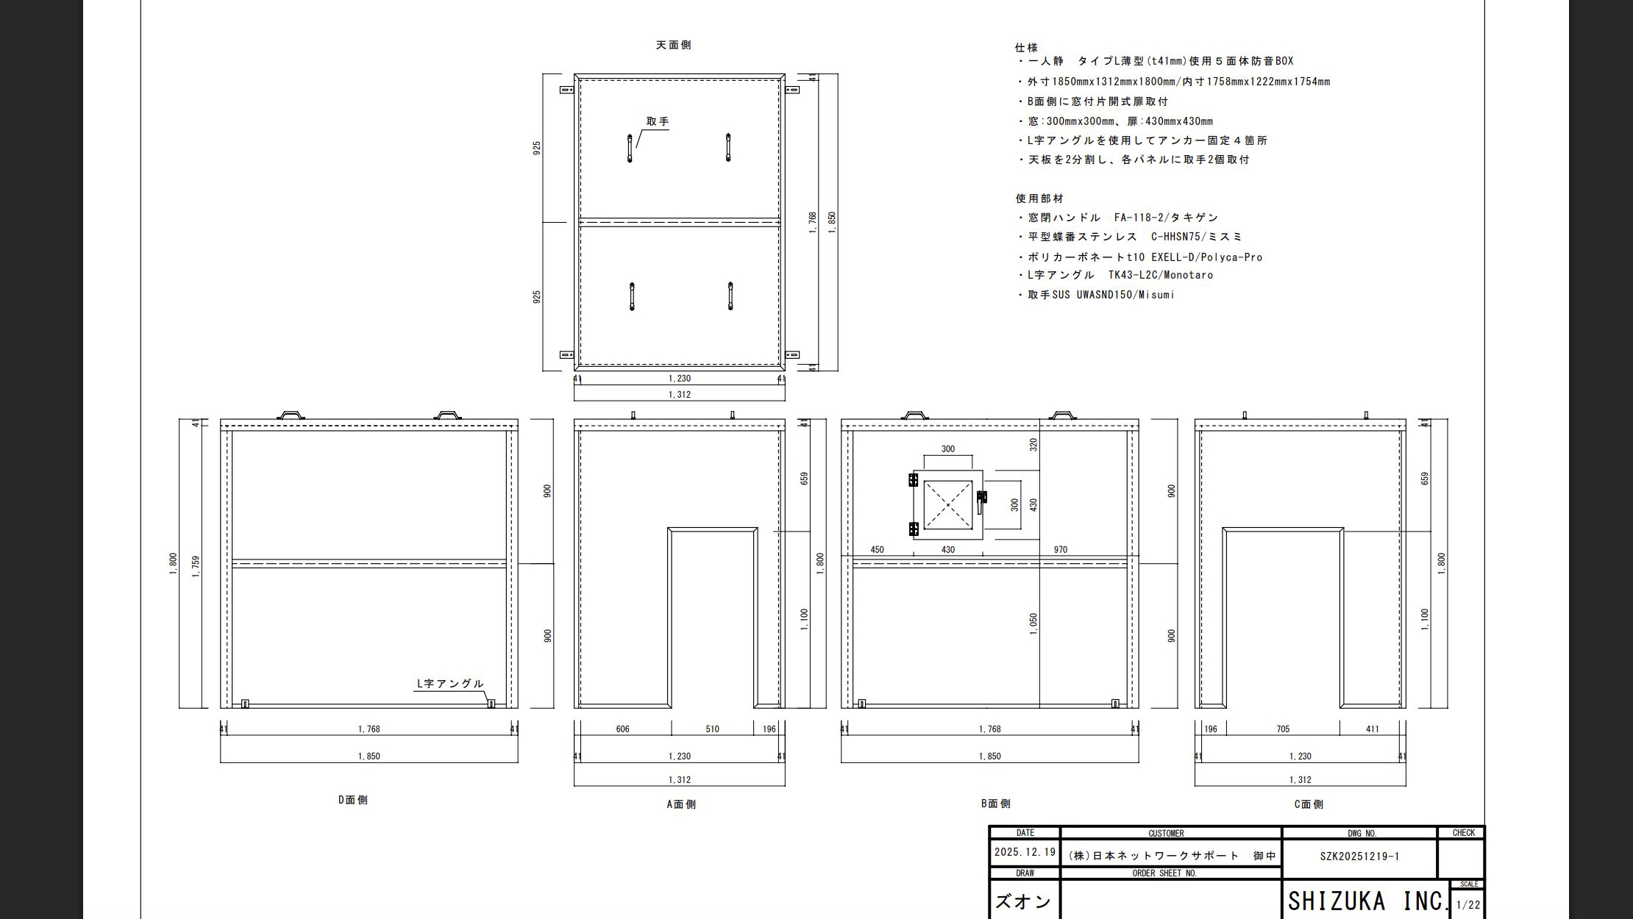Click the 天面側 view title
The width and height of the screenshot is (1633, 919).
(673, 45)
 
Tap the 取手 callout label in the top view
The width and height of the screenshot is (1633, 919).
(658, 121)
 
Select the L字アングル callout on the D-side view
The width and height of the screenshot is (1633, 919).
(450, 684)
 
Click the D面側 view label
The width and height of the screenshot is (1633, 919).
(353, 800)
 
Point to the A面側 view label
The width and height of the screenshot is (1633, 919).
(681, 804)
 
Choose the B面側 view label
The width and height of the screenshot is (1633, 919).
(996, 804)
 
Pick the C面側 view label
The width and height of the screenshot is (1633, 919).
(1309, 804)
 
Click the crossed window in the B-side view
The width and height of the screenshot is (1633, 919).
(948, 504)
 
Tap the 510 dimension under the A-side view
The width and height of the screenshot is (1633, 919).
(712, 729)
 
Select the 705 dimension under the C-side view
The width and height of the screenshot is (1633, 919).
(1283, 729)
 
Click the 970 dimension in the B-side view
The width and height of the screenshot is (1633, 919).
(1060, 550)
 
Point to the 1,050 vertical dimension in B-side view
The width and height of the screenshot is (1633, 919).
(1033, 624)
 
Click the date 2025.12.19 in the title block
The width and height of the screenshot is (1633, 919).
(1025, 852)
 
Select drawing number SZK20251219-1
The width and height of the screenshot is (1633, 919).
(1359, 857)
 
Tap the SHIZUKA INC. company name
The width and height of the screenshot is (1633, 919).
(1367, 901)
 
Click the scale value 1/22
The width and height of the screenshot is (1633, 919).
(1468, 905)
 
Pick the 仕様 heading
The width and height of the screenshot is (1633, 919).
(1026, 48)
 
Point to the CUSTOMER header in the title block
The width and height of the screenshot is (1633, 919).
(1166, 834)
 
